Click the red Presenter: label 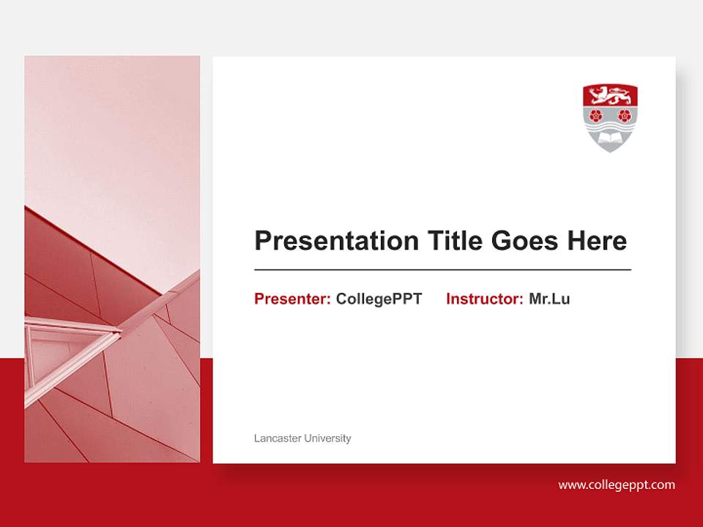tap(292, 299)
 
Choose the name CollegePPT tap(379, 299)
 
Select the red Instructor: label tap(484, 299)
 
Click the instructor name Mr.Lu tap(549, 299)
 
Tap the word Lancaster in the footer tap(277, 438)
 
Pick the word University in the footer tap(327, 438)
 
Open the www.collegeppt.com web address tap(617, 485)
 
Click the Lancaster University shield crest tap(610, 118)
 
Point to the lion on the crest tap(610, 95)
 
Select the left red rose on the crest tap(596, 115)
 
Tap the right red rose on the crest tap(624, 115)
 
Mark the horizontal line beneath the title tap(442, 270)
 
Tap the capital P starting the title tap(262, 241)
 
